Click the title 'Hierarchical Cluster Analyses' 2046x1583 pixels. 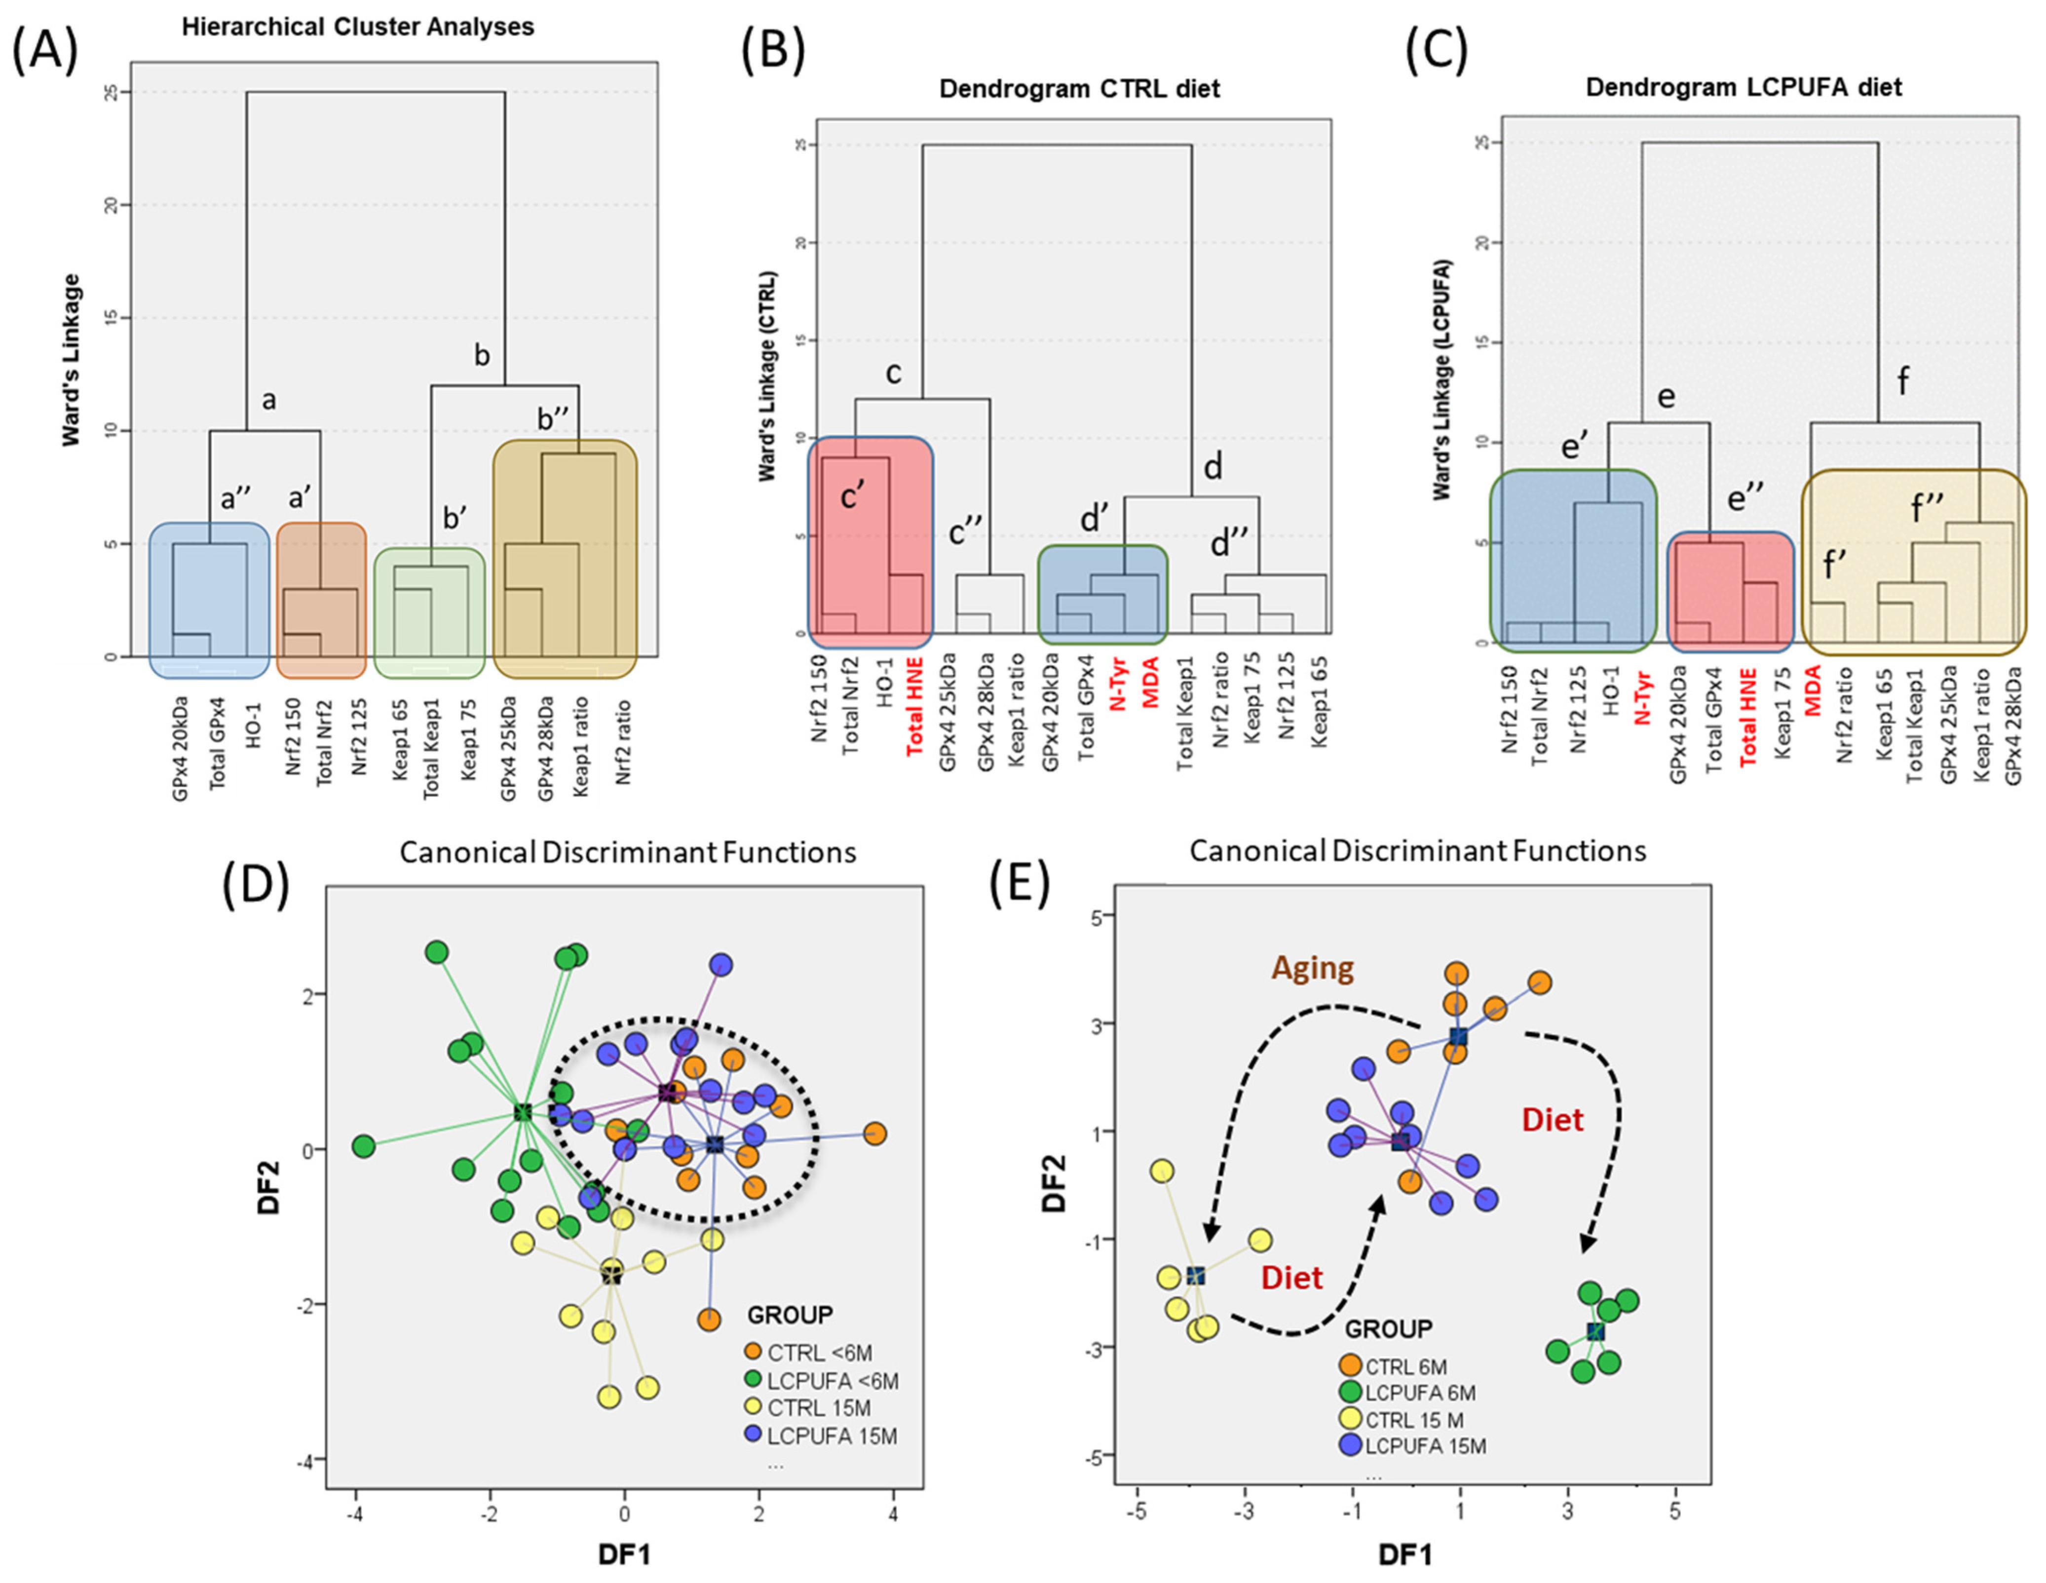click(x=358, y=26)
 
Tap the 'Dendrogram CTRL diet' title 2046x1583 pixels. click(x=1079, y=89)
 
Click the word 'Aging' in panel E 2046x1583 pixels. click(x=1313, y=968)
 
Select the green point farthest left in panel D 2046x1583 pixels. click(x=364, y=1146)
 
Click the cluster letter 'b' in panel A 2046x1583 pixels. click(x=482, y=355)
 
